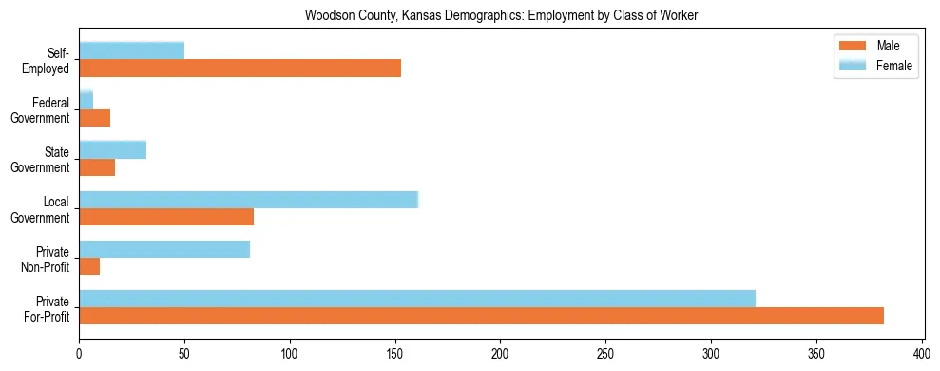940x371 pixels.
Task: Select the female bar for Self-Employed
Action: coord(131,50)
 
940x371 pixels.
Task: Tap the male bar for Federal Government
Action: coord(94,118)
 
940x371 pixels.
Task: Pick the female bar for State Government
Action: coord(112,149)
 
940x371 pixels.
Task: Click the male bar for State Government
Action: coord(97,167)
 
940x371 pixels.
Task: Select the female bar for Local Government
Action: coord(248,200)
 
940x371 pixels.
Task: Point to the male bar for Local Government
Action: coord(166,217)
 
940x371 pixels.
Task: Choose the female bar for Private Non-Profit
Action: coord(164,249)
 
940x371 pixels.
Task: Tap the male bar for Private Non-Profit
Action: coord(89,266)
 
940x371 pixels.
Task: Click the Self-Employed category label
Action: coord(51,60)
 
